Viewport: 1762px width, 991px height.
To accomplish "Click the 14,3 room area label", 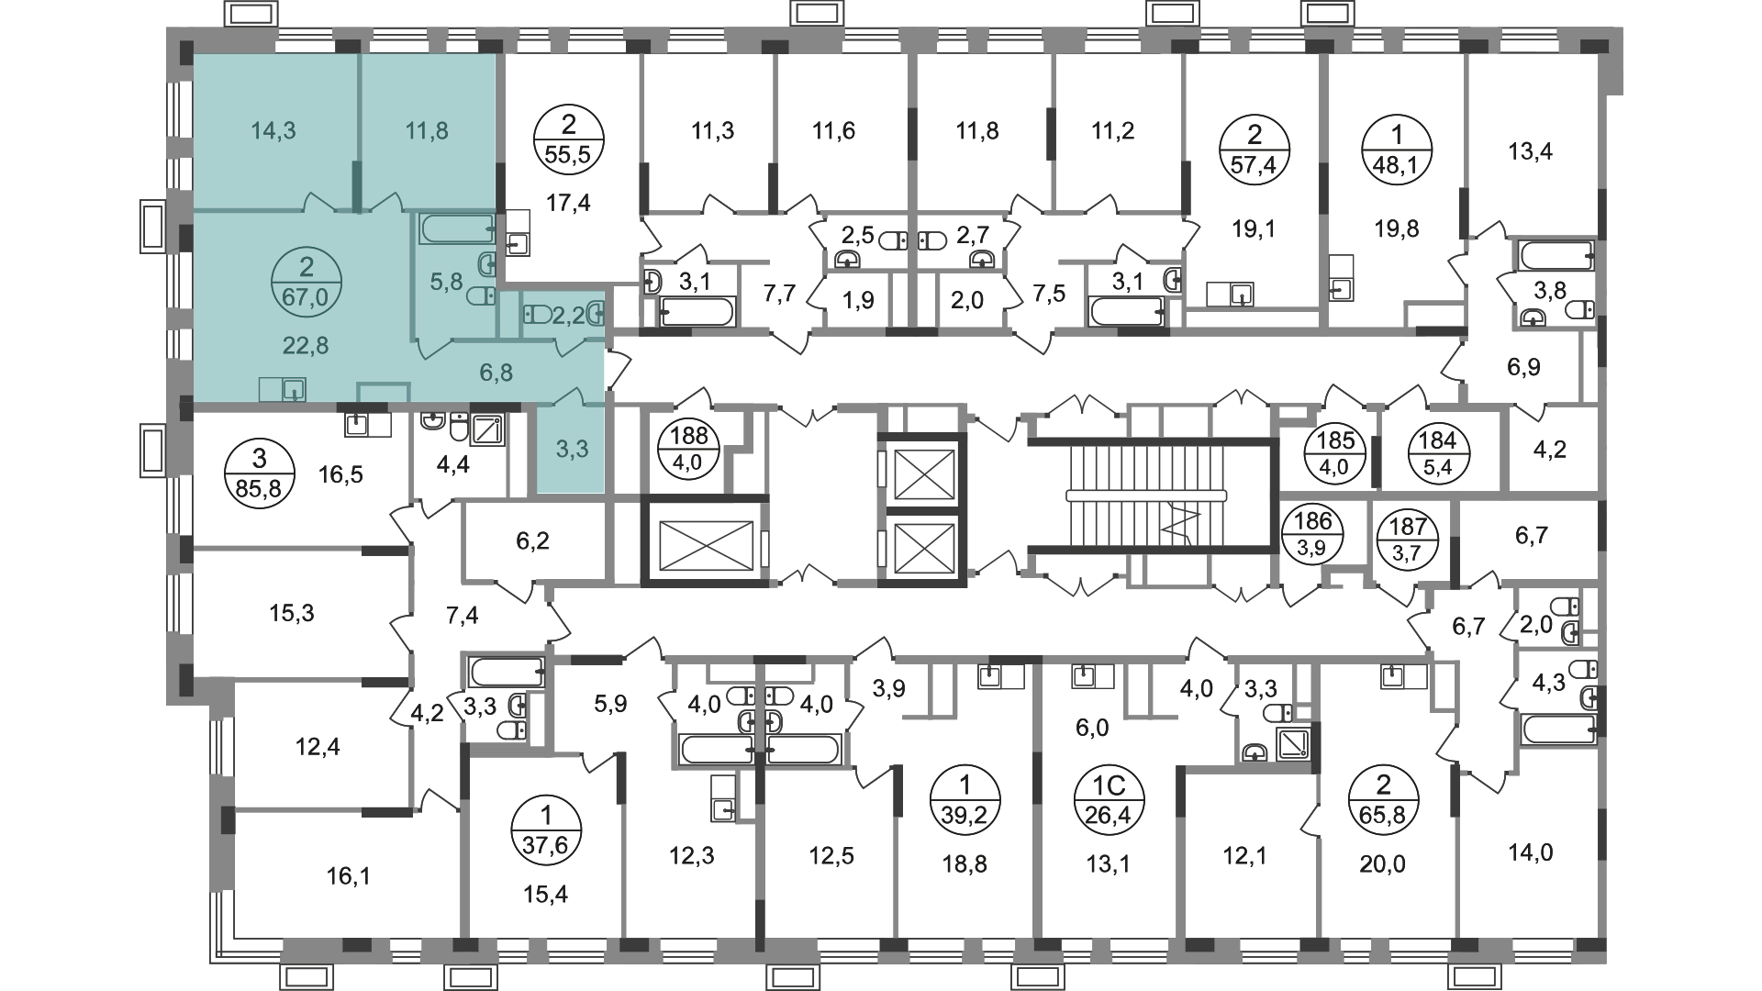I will [x=273, y=131].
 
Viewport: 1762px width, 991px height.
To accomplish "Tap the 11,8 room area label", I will [x=427, y=131].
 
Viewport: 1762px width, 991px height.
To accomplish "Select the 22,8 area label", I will [x=306, y=346].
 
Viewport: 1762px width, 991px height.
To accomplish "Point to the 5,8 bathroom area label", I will [x=446, y=282].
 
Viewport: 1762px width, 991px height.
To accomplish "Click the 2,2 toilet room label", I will [x=570, y=317].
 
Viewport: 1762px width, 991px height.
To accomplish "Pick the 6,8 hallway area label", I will [x=496, y=373].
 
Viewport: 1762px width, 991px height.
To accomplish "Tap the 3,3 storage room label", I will [x=572, y=449].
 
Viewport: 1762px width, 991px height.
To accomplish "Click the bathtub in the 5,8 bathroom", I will [x=457, y=228].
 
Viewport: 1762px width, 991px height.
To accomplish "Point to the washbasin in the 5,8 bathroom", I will [x=486, y=267].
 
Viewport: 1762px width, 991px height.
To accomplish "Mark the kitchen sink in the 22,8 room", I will [x=294, y=390].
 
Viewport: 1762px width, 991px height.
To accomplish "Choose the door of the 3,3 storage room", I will [x=572, y=396].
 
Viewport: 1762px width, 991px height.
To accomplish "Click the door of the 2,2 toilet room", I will [x=570, y=347].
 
